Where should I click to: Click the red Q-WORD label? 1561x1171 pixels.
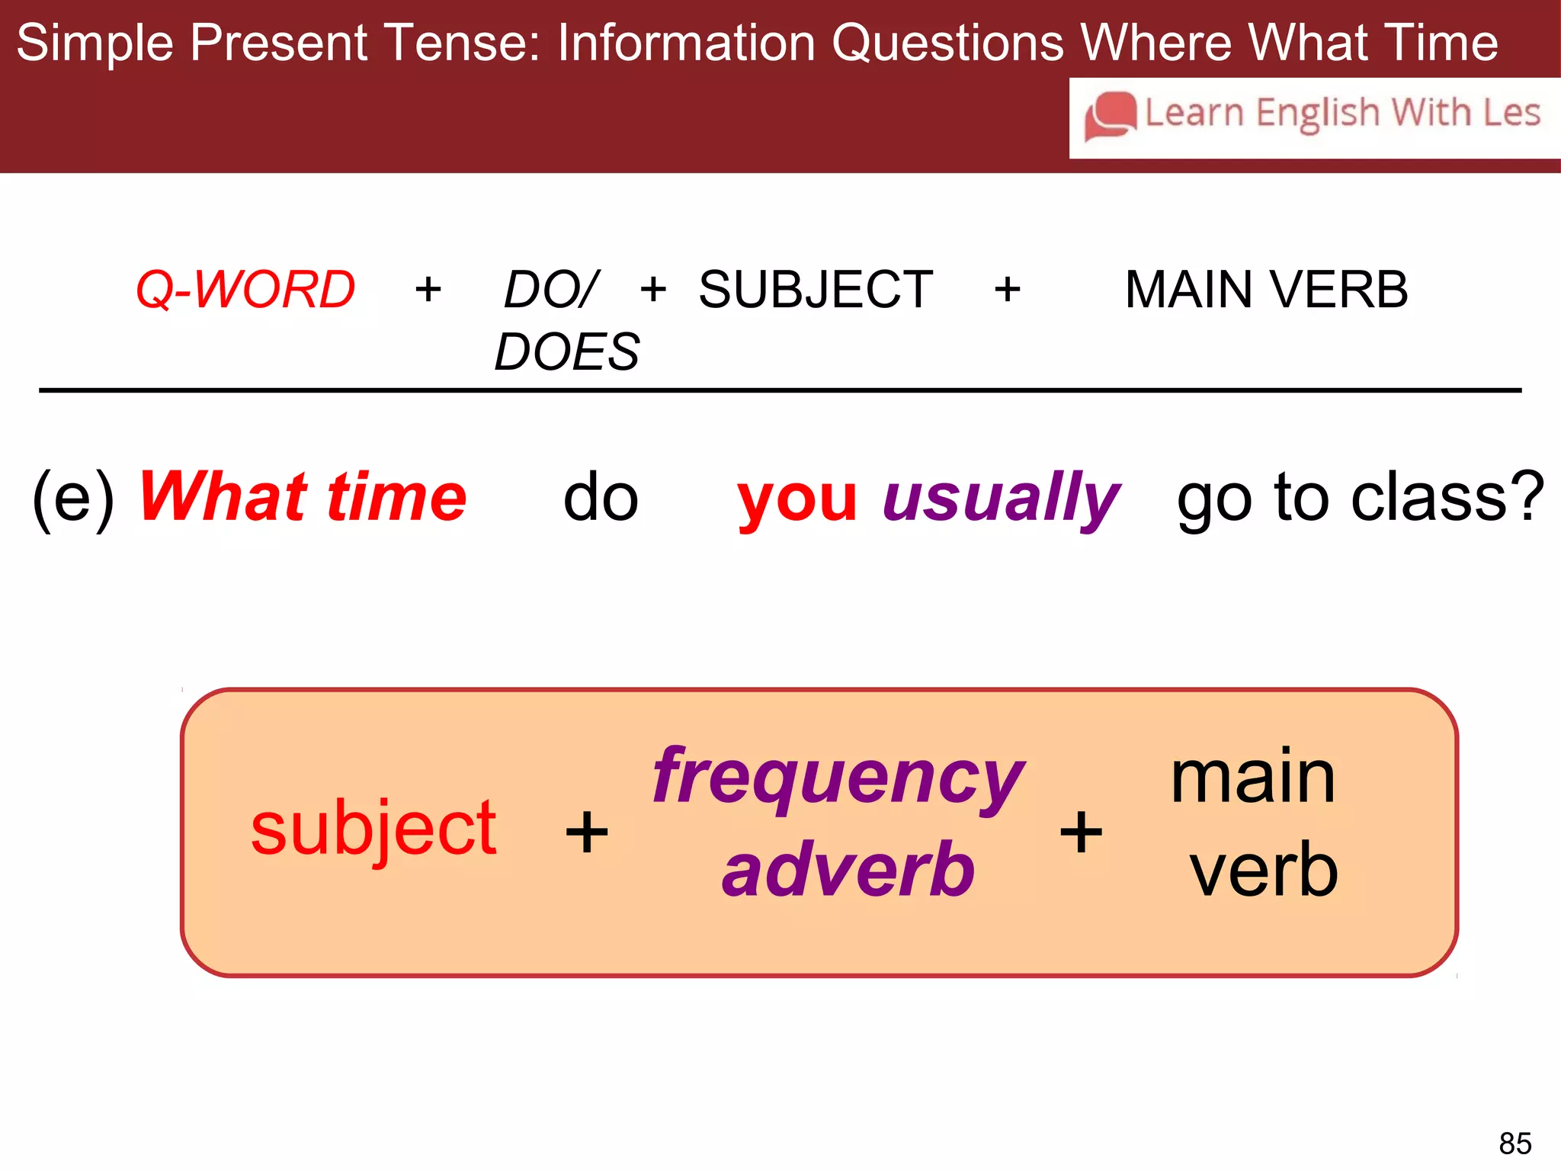pos(245,290)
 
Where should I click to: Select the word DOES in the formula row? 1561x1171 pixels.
pos(567,352)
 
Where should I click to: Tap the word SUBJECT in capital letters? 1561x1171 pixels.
pos(816,290)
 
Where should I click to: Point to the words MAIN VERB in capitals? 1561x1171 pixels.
pos(1266,290)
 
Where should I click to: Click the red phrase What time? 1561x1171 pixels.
pos(303,497)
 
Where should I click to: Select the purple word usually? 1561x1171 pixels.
pos(1001,499)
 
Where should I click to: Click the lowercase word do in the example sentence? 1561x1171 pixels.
pos(601,498)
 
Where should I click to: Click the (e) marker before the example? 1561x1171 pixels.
pos(74,498)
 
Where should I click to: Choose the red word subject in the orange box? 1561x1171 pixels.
pos(373,830)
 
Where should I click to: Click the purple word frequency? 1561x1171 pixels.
pos(838,778)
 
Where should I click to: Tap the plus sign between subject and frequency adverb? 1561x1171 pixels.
pos(587,832)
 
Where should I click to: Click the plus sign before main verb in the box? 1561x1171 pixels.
pos(1081,832)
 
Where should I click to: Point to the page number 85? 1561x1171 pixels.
pos(1515,1144)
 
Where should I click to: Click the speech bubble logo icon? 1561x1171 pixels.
pos(1110,116)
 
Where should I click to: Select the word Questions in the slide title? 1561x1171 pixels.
pos(947,43)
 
